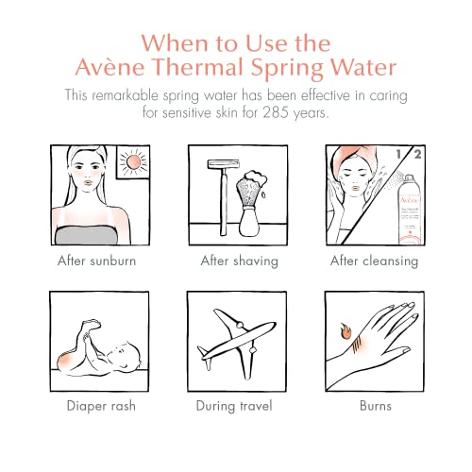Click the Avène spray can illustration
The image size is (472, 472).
click(x=398, y=198)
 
